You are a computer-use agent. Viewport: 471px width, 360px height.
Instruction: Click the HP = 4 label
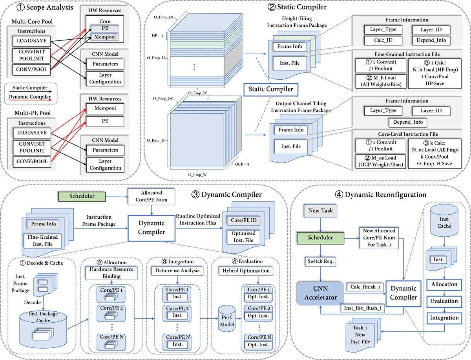(x=157, y=35)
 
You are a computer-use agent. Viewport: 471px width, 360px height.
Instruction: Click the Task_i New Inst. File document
(x=360, y=335)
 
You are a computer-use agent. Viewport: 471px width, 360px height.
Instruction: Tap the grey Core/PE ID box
(x=243, y=221)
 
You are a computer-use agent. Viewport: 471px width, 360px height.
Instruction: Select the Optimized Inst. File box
(x=243, y=236)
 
